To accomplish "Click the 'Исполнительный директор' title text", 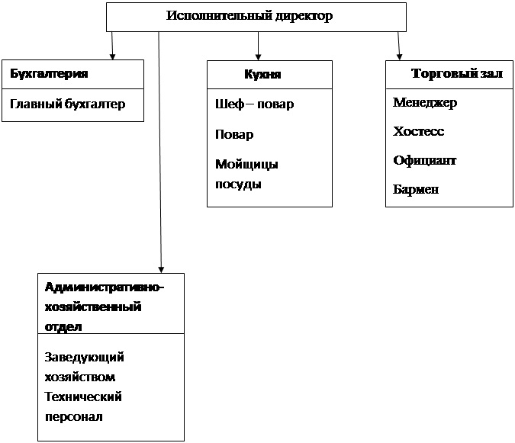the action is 249,16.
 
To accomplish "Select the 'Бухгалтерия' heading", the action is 49,73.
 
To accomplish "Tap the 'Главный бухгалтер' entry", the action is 68,104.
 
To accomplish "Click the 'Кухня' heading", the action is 262,75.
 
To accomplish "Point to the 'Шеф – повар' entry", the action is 255,104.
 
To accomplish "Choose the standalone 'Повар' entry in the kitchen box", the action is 234,134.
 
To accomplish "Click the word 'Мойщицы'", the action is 246,165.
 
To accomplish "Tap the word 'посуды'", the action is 238,185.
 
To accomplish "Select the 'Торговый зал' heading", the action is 457,73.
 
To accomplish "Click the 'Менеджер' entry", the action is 425,103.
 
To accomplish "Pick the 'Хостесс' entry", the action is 418,132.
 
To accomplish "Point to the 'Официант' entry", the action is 425,160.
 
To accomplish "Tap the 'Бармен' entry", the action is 416,189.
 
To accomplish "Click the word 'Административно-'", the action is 104,287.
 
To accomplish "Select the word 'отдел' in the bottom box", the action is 63,327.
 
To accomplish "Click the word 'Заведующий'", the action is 85,358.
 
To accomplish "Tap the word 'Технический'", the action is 83,397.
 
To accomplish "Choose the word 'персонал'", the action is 74,417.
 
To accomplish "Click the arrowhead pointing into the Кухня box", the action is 258,57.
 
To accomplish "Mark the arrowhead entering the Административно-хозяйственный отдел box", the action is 161,270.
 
